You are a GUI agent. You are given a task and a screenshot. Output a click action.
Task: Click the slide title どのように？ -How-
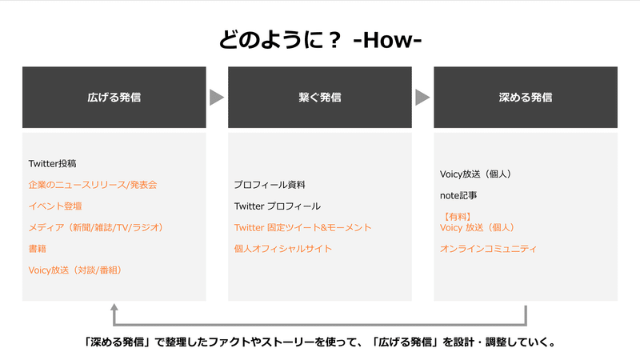320,40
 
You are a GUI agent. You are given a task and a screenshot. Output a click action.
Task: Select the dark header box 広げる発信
114,97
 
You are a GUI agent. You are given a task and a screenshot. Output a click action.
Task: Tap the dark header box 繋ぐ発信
320,97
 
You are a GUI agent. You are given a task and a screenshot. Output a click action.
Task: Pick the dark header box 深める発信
526,97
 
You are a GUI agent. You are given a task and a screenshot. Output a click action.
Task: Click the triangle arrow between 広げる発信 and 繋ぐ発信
216,97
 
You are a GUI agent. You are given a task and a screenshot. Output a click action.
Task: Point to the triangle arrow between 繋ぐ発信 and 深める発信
422,97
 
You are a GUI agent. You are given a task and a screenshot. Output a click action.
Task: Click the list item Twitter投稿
52,164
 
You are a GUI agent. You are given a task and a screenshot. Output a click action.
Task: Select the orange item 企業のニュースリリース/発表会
93,185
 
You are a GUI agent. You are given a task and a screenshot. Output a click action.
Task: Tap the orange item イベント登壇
55,206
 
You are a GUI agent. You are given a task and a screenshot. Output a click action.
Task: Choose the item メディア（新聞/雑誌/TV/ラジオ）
96,227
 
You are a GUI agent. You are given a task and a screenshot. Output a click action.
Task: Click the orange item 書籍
37,249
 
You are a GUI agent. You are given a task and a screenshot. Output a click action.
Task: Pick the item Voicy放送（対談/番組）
75,270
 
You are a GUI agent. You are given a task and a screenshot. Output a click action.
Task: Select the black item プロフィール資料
270,185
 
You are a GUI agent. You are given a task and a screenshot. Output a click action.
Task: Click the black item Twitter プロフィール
277,206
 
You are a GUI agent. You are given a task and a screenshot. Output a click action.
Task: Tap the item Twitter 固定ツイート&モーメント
302,227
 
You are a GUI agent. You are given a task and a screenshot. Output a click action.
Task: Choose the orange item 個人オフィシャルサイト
283,249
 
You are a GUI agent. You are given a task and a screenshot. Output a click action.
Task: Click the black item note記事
458,195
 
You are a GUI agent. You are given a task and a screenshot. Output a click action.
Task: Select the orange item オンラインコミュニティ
488,249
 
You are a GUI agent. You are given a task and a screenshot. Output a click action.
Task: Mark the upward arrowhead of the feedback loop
114,308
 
